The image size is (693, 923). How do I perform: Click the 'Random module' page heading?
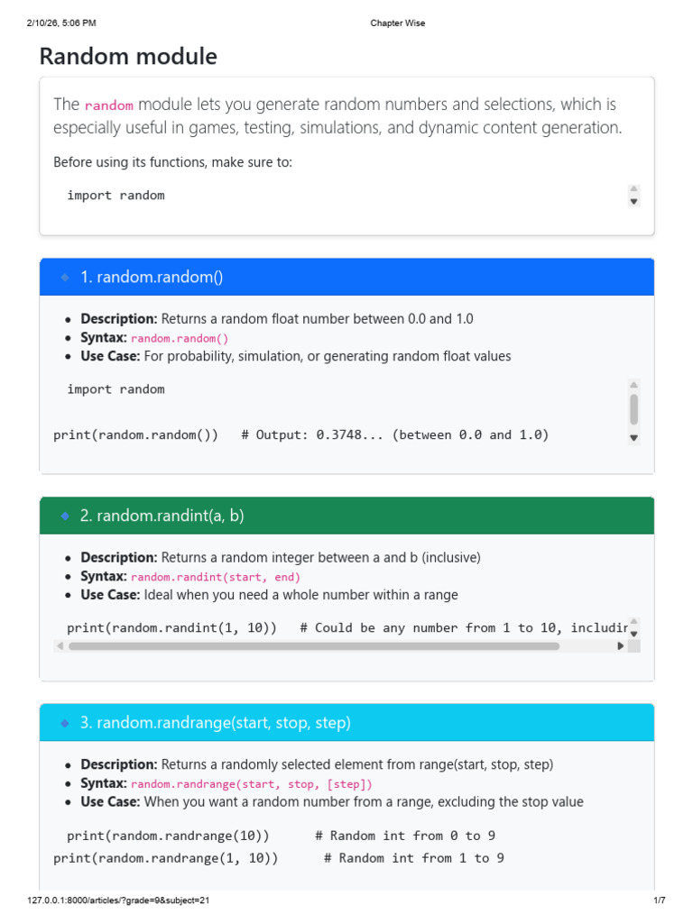click(128, 57)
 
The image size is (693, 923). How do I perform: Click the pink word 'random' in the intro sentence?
click(108, 105)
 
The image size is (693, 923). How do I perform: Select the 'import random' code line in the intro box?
click(115, 195)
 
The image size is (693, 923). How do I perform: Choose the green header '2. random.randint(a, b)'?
click(162, 516)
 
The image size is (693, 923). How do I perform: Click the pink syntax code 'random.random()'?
click(180, 338)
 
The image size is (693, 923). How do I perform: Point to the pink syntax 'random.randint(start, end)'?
click(216, 577)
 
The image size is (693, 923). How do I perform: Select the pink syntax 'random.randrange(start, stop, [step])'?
click(251, 784)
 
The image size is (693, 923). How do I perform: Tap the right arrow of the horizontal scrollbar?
click(620, 645)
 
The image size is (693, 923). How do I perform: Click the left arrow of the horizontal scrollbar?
click(60, 645)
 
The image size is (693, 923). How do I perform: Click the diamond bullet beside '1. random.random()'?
click(65, 277)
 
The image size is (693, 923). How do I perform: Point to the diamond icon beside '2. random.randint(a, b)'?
click(65, 516)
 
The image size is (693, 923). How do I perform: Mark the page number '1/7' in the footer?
click(659, 900)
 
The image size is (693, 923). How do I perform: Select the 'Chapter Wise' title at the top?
click(397, 23)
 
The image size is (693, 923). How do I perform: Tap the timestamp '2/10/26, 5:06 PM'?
click(61, 23)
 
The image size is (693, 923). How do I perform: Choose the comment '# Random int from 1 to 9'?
click(414, 858)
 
